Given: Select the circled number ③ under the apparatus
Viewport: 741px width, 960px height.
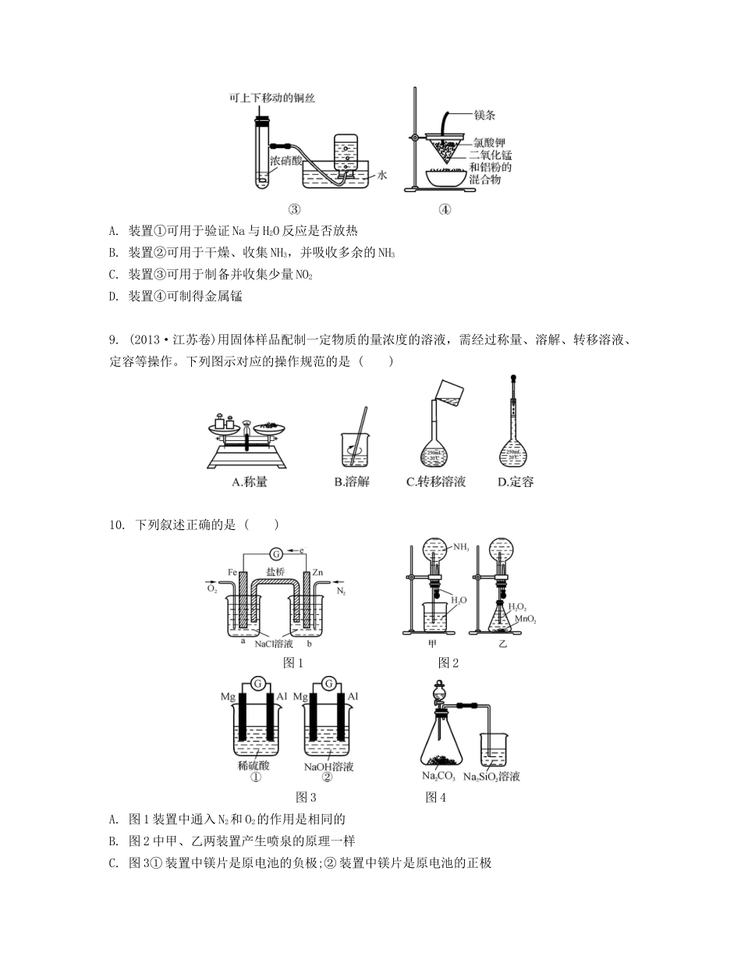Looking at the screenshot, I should (x=295, y=208).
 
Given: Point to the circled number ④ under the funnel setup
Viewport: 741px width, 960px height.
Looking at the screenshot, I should (x=445, y=208).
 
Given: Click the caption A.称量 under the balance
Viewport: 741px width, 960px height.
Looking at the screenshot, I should (x=250, y=482).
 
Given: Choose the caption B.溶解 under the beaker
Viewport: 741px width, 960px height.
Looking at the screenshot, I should (x=352, y=482).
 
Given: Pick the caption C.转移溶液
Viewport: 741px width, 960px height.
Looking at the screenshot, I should (x=436, y=482).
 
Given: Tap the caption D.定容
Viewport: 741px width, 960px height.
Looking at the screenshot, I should (x=516, y=482).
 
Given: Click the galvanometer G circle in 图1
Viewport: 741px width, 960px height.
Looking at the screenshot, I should (x=275, y=554).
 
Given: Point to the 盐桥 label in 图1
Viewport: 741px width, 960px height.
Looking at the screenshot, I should (x=275, y=571).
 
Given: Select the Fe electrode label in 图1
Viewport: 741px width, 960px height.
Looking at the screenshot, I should (x=232, y=572).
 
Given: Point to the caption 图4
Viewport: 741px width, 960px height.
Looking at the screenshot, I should (x=436, y=797).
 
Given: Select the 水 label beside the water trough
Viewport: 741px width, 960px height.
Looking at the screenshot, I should (x=382, y=176).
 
